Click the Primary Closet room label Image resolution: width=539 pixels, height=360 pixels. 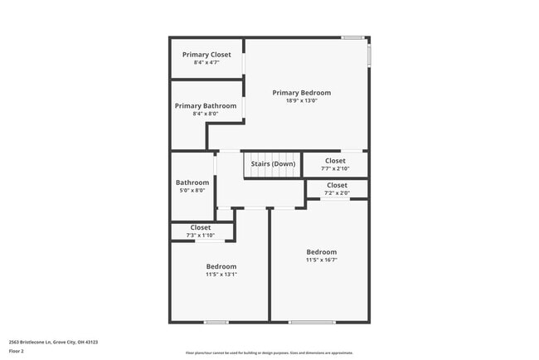coord(206,55)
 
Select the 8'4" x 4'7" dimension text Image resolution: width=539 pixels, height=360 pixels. coord(206,62)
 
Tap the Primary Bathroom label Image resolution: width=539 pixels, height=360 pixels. coord(206,106)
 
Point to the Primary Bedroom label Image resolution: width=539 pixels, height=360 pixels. coord(302,93)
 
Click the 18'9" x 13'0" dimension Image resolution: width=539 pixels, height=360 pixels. coord(302,100)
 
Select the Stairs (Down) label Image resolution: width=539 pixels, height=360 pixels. coord(273,163)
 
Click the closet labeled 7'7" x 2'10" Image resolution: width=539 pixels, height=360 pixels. coord(335,164)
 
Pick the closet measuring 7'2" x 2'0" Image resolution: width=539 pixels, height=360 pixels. coord(337,189)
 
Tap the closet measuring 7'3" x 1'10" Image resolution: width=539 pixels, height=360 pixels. coord(201,231)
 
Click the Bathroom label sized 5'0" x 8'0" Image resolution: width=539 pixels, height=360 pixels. coord(192,187)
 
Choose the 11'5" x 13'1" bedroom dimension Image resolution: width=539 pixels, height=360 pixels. coord(221,275)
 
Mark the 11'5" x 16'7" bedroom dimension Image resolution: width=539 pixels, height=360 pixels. coord(322,260)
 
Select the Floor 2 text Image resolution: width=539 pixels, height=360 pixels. coord(17,351)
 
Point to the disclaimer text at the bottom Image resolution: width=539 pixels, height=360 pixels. coord(269,353)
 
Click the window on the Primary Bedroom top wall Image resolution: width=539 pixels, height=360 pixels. coord(352,37)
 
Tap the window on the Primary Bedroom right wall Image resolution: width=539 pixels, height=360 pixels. coord(369,55)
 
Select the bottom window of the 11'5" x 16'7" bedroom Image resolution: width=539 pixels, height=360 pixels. coord(313,322)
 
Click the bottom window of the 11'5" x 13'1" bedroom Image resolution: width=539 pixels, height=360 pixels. coord(216,322)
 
